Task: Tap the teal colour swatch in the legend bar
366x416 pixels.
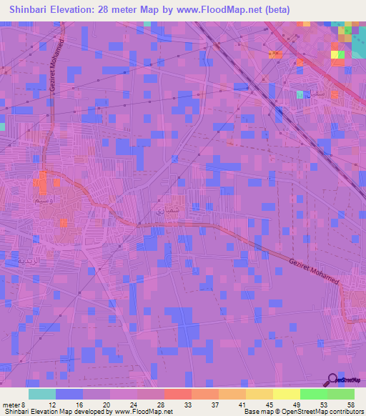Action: (x=41, y=394)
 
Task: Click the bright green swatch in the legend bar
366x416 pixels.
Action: (x=313, y=394)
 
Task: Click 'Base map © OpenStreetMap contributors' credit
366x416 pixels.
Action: (x=303, y=411)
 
